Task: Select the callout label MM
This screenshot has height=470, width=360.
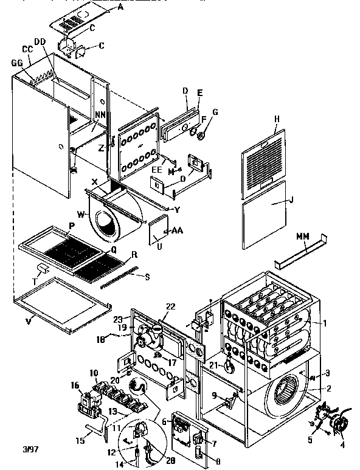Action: (x=302, y=235)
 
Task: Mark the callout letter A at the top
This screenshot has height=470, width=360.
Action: (x=120, y=7)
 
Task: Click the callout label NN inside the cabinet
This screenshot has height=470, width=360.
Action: (x=100, y=114)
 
